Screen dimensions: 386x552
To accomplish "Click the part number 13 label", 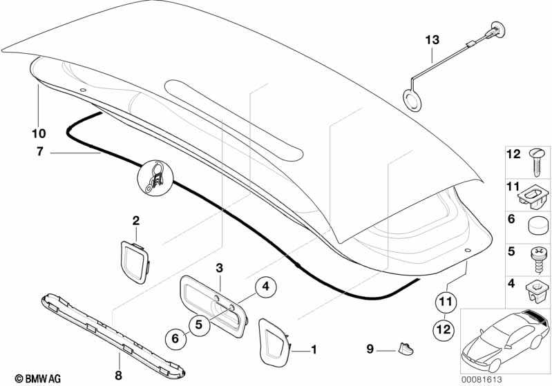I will pos(432,41).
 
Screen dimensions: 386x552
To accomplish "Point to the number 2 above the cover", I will pos(136,221).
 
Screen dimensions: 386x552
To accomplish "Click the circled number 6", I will pos(175,339).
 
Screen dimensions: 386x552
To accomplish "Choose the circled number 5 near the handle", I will pos(198,324).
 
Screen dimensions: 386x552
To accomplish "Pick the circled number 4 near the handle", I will pos(245,285).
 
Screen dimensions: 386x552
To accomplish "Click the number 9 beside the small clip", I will pos(370,348).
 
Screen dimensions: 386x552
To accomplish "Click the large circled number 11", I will pos(446,302).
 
